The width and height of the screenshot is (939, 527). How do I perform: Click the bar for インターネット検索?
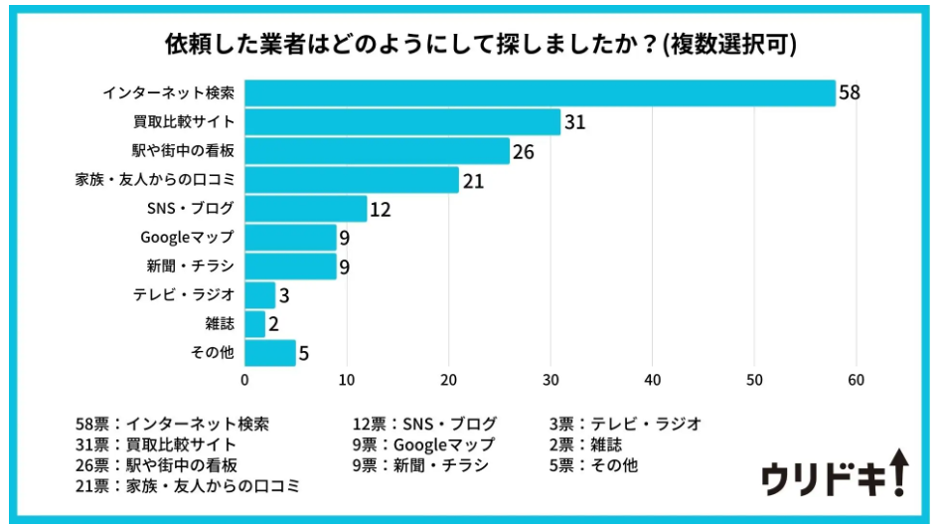[x=540, y=93]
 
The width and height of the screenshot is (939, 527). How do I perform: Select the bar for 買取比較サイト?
[x=402, y=122]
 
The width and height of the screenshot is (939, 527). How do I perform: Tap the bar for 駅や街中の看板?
[x=377, y=151]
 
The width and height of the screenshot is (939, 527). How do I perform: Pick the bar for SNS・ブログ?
[x=306, y=209]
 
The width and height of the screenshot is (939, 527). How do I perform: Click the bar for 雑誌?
[x=255, y=324]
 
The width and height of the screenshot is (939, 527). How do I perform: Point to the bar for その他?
[x=270, y=353]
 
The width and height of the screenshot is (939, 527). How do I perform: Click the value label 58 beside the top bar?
[x=849, y=93]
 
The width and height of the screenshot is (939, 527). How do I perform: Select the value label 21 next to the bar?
[x=472, y=180]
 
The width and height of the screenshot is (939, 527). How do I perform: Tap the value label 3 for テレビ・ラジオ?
[x=283, y=295]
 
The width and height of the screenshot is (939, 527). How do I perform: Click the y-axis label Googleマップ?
[x=187, y=238]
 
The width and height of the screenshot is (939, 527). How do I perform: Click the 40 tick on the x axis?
[x=653, y=380]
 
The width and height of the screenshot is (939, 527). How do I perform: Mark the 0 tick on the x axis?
[x=245, y=380]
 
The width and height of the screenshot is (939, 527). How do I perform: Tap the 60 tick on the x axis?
[x=856, y=380]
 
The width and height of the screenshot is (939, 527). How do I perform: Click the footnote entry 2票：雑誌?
[x=585, y=444]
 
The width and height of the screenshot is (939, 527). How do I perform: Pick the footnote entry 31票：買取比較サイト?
[x=156, y=444]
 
